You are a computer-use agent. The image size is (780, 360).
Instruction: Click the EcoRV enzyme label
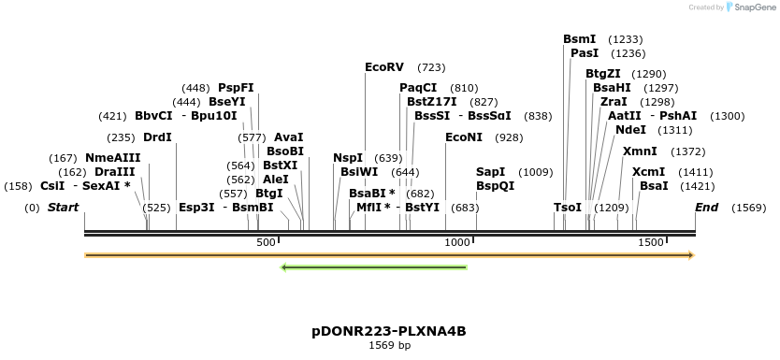pos(383,67)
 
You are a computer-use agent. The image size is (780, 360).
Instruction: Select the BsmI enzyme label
pos(579,39)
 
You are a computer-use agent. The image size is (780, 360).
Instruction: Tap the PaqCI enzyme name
pos(418,88)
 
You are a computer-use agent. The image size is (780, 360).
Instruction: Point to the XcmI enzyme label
pos(648,172)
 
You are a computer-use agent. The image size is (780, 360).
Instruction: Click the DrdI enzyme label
pos(157,137)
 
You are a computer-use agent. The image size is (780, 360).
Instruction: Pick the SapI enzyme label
pos(490,172)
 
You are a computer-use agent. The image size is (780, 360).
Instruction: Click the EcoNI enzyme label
pos(464,137)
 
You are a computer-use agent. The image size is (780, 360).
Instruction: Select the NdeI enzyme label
pos(630,130)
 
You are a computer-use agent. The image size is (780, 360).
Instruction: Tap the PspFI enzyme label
pos(236,88)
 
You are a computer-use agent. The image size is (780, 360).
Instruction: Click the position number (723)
pos(431,67)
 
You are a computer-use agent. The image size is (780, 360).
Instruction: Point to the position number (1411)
pos(696,172)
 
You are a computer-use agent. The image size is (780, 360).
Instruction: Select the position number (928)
pos(509,137)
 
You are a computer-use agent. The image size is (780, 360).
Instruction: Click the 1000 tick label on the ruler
pos(456,243)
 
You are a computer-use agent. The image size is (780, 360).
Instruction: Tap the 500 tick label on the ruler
pos(266,243)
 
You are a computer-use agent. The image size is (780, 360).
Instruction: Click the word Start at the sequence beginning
pos(63,207)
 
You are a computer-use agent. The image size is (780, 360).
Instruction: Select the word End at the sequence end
pos(706,207)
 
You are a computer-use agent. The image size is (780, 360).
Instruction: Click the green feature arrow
pos(373,267)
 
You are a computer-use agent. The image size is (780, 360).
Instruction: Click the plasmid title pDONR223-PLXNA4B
pos(389,332)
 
